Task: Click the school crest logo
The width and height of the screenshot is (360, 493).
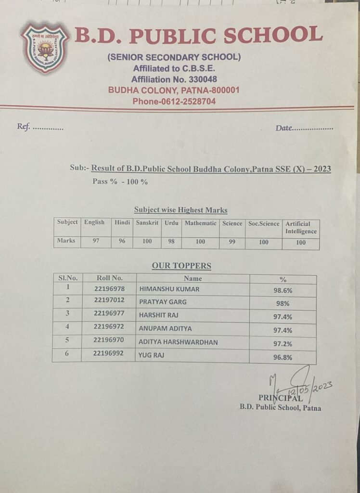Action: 45,48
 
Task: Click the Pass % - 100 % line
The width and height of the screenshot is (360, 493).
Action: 120,182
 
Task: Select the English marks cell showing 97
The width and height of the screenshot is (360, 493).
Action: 96,241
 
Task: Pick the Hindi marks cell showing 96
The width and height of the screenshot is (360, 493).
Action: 122,241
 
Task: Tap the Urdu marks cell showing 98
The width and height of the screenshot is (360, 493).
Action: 171,242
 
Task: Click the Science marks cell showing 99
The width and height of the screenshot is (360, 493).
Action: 232,242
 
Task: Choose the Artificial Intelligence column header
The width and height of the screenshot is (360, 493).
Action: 301,227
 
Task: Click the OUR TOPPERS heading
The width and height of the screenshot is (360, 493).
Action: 181,266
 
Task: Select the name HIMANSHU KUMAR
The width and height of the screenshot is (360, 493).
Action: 169,289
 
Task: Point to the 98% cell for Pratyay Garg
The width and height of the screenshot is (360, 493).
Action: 283,304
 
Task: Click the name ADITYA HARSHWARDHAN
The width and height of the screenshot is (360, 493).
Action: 178,342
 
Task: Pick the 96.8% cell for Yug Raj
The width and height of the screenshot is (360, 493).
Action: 283,357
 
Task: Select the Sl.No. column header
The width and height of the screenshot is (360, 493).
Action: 68,278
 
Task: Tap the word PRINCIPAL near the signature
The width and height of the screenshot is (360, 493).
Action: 281,398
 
